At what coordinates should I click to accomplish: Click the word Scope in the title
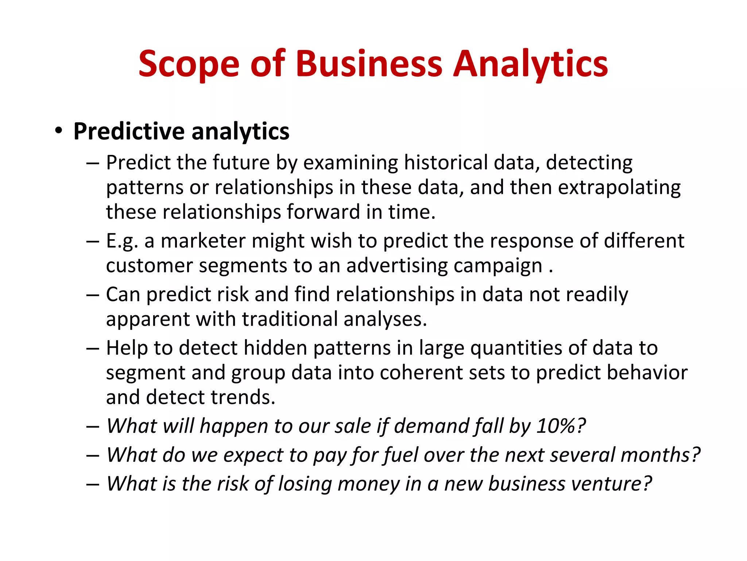189,64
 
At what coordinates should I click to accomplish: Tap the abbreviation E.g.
122,241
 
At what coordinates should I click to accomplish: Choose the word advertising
397,266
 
